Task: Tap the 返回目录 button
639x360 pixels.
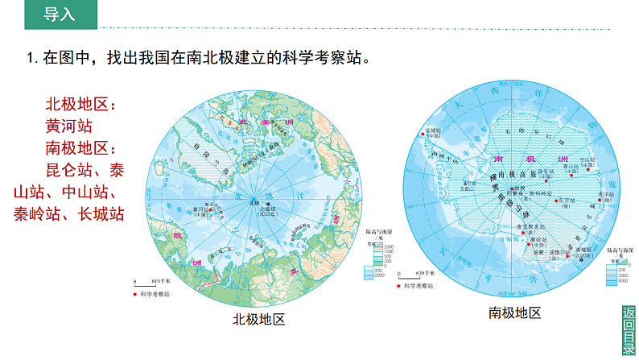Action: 629,330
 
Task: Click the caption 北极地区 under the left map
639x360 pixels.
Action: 258,319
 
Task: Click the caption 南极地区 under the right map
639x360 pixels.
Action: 515,312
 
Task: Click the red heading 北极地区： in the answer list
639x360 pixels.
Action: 80,105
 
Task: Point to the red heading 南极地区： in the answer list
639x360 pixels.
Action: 80,148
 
